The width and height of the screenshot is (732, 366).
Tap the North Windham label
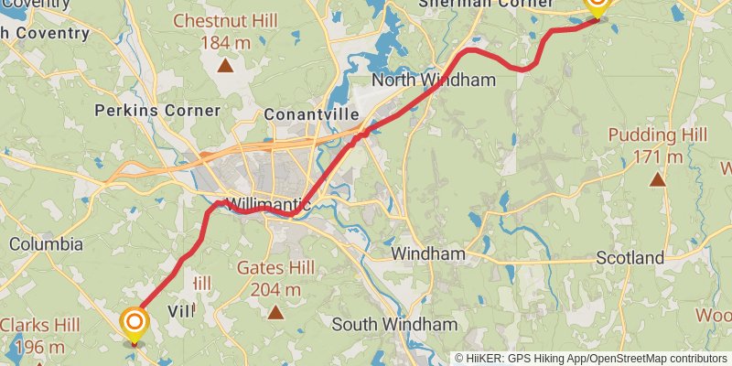[x=433, y=81]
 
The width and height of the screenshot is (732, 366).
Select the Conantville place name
[x=308, y=115]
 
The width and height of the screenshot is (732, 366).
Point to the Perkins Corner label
[x=157, y=111]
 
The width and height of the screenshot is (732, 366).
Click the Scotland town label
[x=630, y=258]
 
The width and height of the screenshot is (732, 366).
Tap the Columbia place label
[x=46, y=244]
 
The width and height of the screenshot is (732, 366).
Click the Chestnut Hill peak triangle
[x=224, y=65]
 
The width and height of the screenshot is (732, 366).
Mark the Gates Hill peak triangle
[x=275, y=313]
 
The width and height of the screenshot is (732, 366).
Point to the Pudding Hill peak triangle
[x=657, y=178]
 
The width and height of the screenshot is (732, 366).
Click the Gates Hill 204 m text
[x=275, y=278]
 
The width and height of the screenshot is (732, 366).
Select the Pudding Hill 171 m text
[x=657, y=145]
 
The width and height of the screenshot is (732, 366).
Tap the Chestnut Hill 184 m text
[x=224, y=31]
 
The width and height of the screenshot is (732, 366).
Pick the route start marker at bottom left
[x=135, y=323]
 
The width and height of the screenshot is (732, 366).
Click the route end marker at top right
[x=597, y=5]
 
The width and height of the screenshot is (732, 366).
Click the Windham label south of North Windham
[x=427, y=253]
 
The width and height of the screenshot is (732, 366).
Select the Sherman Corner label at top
[x=475, y=4]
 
